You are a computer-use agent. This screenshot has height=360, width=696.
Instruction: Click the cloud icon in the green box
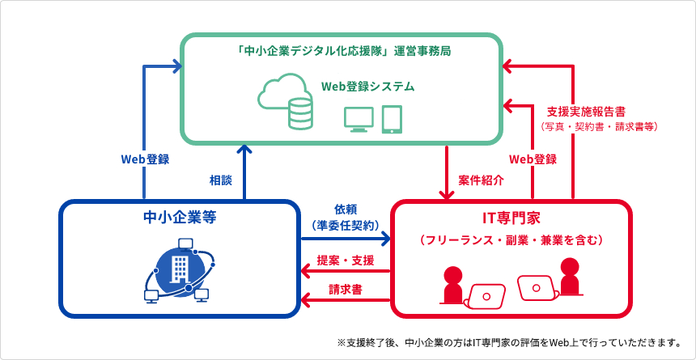tap(279, 91)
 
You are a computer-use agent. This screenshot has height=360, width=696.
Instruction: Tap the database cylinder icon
tap(299, 114)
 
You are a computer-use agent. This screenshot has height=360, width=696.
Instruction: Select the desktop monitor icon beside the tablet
tap(359, 118)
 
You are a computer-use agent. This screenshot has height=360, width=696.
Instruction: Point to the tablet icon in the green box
tap(392, 118)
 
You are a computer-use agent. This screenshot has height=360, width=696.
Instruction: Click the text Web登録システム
tap(367, 86)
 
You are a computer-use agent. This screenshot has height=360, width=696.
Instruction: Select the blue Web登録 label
tap(145, 159)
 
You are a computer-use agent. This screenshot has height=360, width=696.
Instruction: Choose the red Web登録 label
tap(533, 159)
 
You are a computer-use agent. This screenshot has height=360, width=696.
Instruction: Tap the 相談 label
tap(221, 179)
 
